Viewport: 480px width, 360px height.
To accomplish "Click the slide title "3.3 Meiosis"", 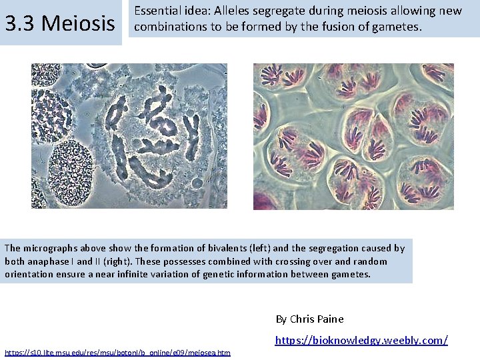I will point(60,23).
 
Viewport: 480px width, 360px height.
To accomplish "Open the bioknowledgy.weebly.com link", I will point(361,340).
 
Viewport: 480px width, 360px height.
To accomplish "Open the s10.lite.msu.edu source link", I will point(117,352).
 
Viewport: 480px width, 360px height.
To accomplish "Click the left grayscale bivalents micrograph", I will point(129,135).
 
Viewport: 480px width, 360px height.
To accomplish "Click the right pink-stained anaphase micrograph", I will point(353,136).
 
